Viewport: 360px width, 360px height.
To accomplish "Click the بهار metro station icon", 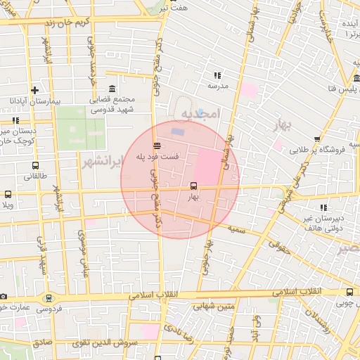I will [x=193, y=186].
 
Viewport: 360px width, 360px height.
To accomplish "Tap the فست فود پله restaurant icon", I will [x=155, y=146].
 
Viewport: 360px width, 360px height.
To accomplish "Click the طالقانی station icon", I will [x=36, y=166].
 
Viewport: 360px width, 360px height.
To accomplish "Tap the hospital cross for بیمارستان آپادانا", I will [x=34, y=90].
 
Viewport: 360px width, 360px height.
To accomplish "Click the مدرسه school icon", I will [x=217, y=75].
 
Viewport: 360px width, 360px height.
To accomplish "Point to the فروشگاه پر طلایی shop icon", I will [x=317, y=139].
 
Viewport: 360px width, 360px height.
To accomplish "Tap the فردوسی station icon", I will [x=49, y=297].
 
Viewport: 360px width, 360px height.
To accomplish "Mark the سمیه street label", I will [x=236, y=230].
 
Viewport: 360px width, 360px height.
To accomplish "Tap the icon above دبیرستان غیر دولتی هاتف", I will [x=323, y=207].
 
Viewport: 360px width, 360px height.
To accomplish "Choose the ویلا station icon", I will [x=8, y=194].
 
